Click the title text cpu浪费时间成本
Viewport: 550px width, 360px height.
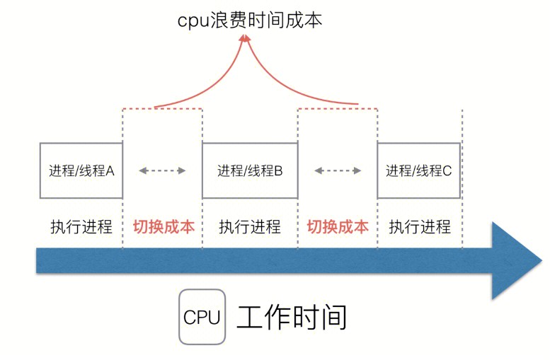249,20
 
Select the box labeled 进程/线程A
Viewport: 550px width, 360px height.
81,170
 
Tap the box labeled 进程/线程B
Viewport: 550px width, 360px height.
250,170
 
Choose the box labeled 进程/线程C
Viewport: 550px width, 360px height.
418,170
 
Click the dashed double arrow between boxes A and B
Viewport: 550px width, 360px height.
162,170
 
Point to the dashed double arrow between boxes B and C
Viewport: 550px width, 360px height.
338,170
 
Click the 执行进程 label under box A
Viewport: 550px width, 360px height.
81,227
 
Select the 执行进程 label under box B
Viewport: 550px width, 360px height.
250,227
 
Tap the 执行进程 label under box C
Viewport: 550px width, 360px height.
420,227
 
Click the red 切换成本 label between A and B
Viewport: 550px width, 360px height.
164,227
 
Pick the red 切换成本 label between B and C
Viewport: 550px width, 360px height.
338,227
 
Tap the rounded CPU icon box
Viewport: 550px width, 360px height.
202,317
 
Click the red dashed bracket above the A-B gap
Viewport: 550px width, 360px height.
163,108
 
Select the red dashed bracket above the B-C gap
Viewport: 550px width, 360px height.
337,108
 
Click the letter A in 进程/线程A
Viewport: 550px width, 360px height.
110,170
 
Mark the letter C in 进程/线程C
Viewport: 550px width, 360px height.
447,170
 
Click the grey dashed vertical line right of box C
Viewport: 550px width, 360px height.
462,177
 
